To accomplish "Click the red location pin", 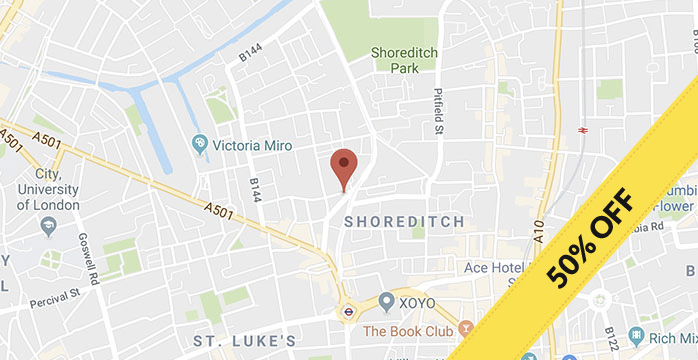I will coord(344,166).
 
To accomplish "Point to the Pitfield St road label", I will coord(437,111).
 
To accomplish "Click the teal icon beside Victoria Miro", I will coord(200,145).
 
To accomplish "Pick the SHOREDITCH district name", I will coord(404,221).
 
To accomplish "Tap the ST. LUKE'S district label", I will coord(244,341).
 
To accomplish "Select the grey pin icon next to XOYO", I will coord(386,300).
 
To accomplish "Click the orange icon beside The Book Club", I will coord(465,328).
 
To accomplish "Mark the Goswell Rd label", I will coord(89,261).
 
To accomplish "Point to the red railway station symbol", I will coord(582,130).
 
